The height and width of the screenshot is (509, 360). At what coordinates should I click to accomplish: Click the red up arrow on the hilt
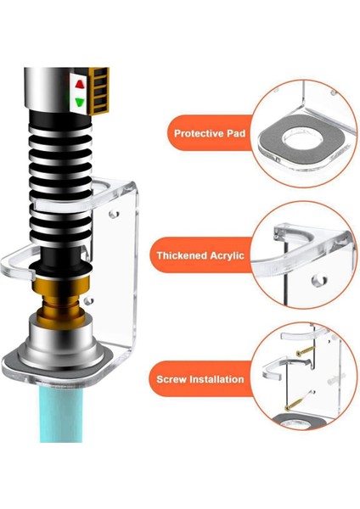point(79,85)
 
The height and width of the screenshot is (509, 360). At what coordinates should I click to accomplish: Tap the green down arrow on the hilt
point(79,102)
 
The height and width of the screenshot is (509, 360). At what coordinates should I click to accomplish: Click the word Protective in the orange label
point(194,133)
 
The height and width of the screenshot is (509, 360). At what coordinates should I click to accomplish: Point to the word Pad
point(231,133)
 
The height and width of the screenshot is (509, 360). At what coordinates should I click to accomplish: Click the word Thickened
point(185,255)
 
